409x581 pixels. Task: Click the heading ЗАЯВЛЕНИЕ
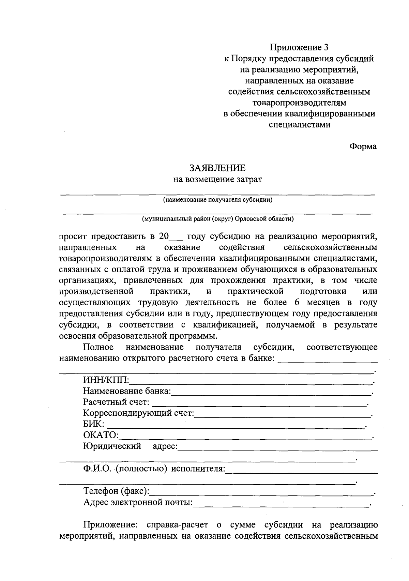(x=217, y=168)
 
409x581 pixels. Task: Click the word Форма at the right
(x=363, y=146)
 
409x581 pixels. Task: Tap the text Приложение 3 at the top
(x=299, y=47)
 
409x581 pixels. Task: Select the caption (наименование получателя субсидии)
(x=217, y=200)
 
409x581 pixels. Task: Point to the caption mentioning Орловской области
(x=217, y=219)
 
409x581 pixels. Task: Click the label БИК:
(x=94, y=425)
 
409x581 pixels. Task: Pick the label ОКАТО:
(x=101, y=435)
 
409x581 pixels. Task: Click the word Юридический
(x=112, y=446)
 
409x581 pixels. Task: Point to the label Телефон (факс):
(x=116, y=491)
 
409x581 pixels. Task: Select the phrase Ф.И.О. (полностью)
(x=125, y=469)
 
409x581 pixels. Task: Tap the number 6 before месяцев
(x=296, y=302)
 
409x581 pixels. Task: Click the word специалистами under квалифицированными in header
(x=299, y=124)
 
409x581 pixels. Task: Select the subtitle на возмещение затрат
(x=217, y=180)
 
